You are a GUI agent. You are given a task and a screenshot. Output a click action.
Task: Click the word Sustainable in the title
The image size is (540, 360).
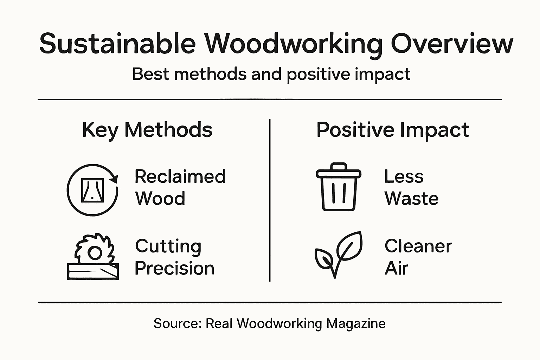(x=117, y=44)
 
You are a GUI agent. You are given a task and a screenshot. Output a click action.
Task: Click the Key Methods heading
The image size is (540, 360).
(x=147, y=130)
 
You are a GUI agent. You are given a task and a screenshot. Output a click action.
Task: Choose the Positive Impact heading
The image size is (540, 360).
(x=392, y=130)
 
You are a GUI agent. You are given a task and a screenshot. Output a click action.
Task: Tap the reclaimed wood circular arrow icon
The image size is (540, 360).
(x=92, y=190)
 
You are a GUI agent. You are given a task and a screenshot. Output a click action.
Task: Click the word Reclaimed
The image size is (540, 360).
(x=180, y=176)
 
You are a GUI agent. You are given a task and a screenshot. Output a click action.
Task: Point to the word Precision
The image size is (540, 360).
(x=174, y=268)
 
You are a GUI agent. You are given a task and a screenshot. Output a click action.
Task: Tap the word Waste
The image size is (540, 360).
(x=411, y=199)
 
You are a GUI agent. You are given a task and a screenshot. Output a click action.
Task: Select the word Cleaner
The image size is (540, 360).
(x=418, y=246)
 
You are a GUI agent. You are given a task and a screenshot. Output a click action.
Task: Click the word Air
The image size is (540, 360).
(x=396, y=268)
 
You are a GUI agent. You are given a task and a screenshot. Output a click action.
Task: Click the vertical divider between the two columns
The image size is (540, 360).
(x=270, y=200)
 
